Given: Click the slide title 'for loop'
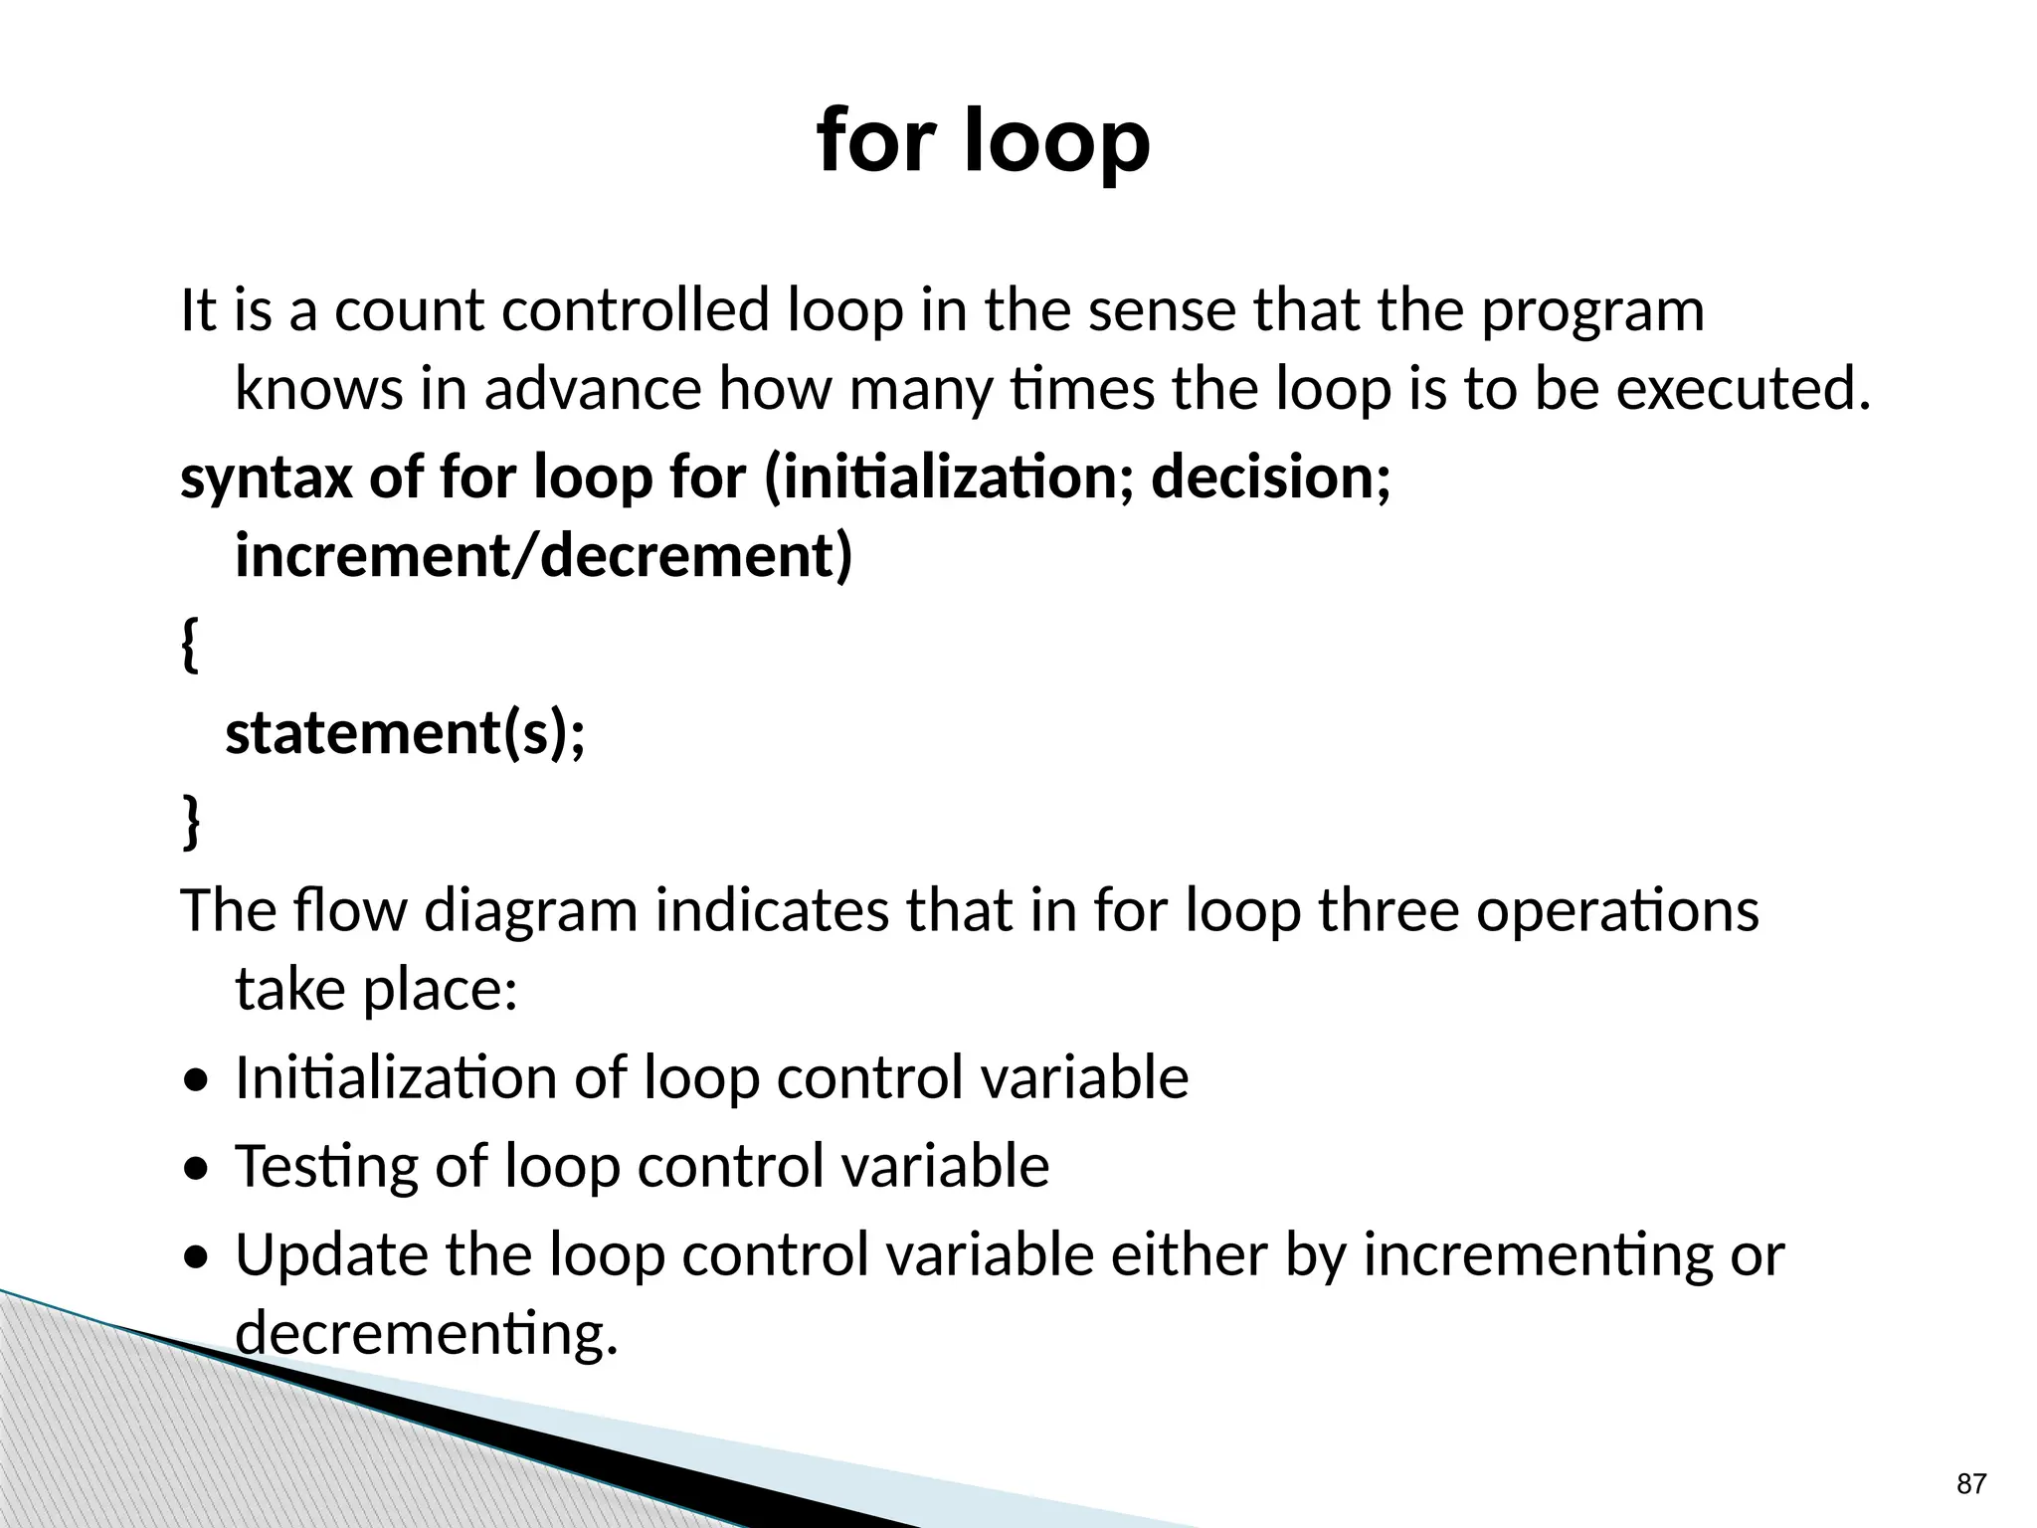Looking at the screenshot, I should [983, 141].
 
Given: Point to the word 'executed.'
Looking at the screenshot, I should [1743, 389].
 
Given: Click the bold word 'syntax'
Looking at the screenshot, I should [266, 477].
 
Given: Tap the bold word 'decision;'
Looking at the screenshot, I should [1270, 477].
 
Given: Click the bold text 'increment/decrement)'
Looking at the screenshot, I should [544, 555].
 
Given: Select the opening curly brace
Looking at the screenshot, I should [190, 647].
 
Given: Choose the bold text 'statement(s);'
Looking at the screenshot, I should [406, 734].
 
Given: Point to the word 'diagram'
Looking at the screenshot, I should [530, 910].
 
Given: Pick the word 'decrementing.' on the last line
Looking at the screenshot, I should [427, 1333].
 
